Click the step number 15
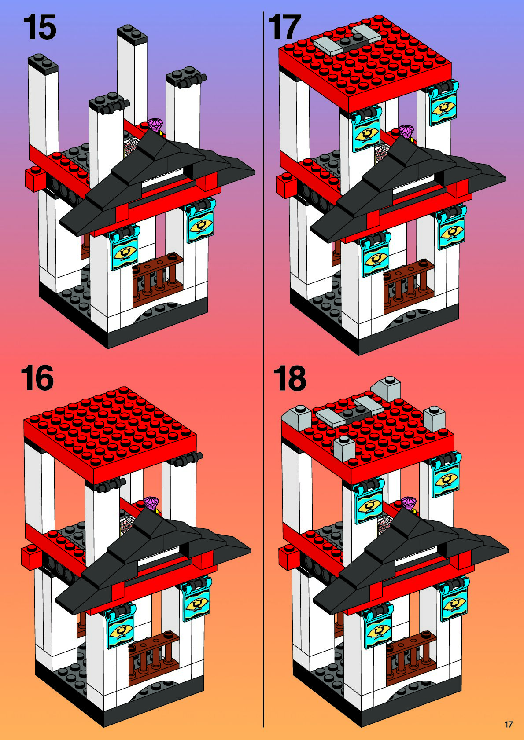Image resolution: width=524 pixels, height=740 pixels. point(40,27)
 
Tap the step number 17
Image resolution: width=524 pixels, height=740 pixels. point(284,27)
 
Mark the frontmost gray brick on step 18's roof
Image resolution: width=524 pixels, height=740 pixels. point(344,448)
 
